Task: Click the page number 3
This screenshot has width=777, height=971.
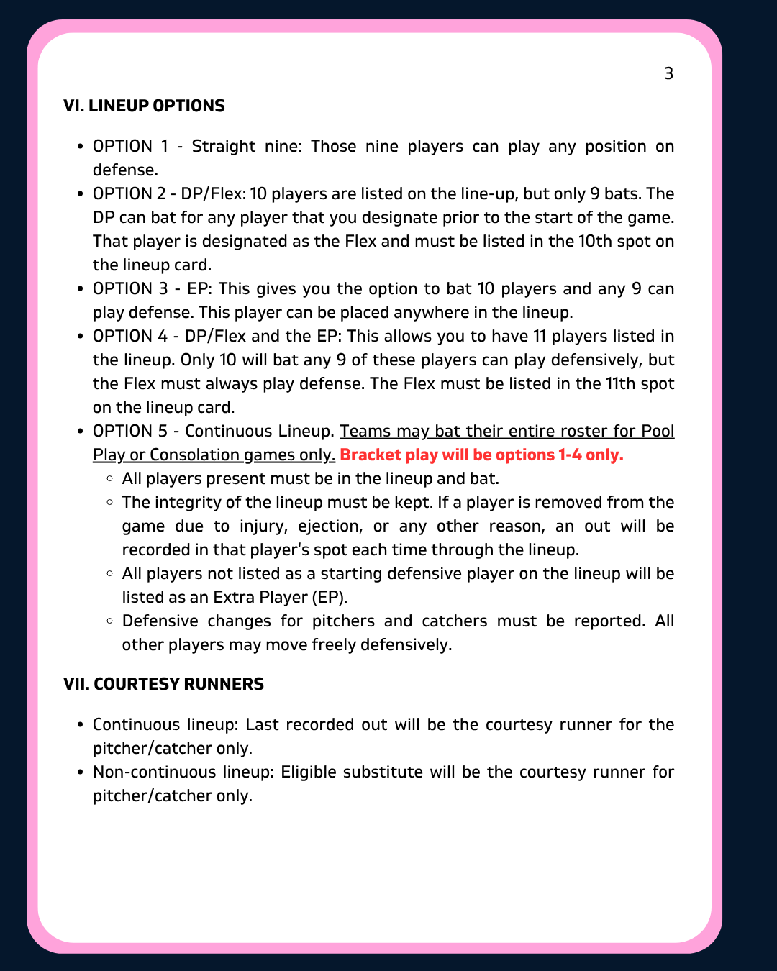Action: tap(668, 73)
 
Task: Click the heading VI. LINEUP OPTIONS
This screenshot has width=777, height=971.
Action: tap(144, 106)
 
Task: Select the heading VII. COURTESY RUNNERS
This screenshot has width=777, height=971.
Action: tap(163, 684)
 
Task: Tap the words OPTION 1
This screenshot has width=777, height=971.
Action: tap(130, 147)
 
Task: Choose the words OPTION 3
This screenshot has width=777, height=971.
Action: tap(130, 289)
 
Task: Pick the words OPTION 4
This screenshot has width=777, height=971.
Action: tap(130, 337)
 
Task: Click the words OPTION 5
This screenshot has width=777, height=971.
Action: tap(130, 432)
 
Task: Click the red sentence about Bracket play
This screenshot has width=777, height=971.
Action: tap(481, 455)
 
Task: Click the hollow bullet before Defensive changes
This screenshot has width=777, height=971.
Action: tap(109, 621)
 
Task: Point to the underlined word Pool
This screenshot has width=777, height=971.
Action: tap(658, 432)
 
